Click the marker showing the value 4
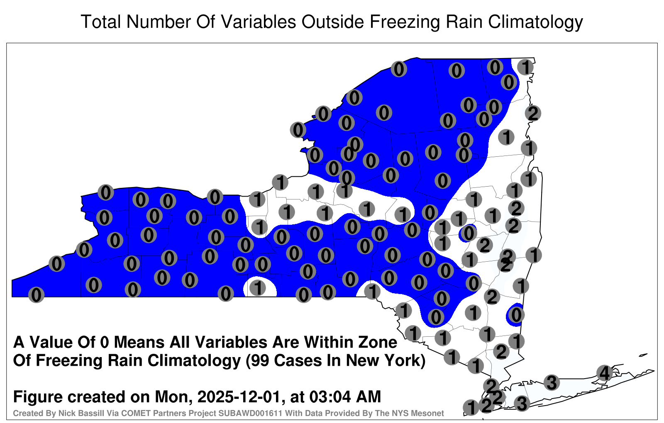pyautogui.click(x=604, y=373)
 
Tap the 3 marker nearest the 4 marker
pyautogui.click(x=552, y=382)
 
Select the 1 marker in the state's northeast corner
pyautogui.click(x=525, y=67)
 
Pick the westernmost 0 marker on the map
pyautogui.click(x=36, y=295)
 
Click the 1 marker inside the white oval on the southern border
pyautogui.click(x=258, y=288)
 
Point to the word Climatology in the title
pyautogui.click(x=535, y=22)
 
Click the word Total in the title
pyautogui.click(x=100, y=22)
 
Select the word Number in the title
pyautogui.click(x=159, y=22)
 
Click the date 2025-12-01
pyautogui.click(x=239, y=396)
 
